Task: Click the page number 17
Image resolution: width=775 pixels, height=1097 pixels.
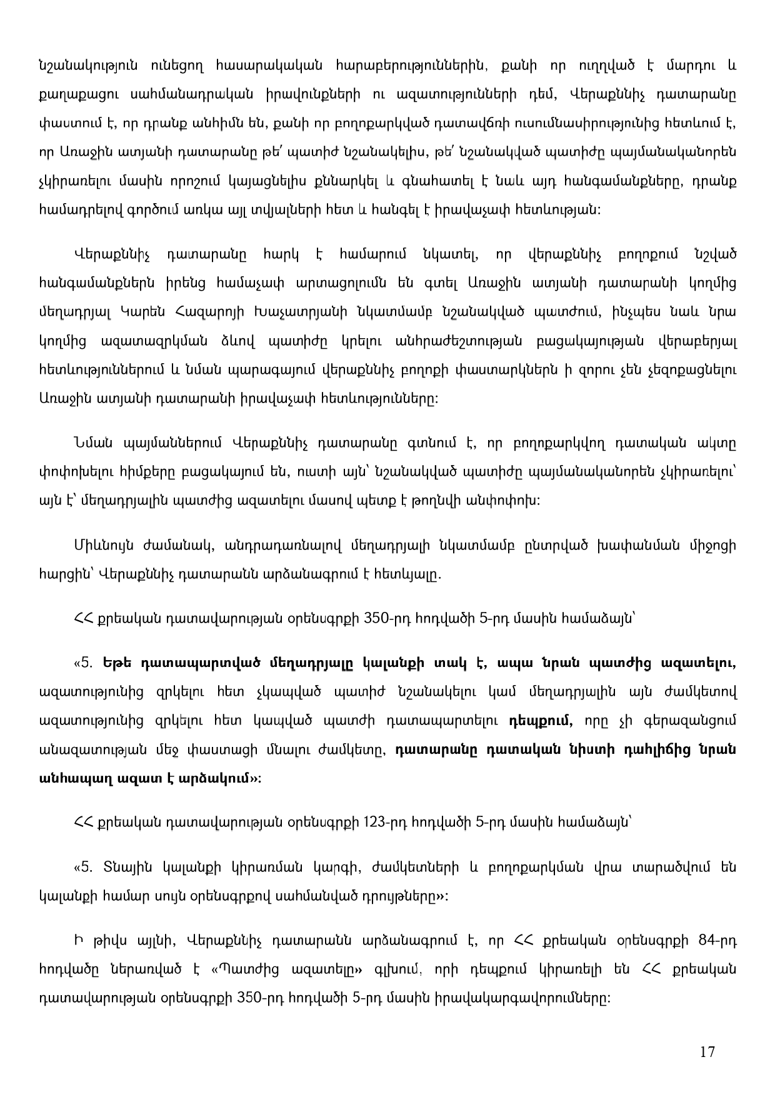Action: pos(707,1051)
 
